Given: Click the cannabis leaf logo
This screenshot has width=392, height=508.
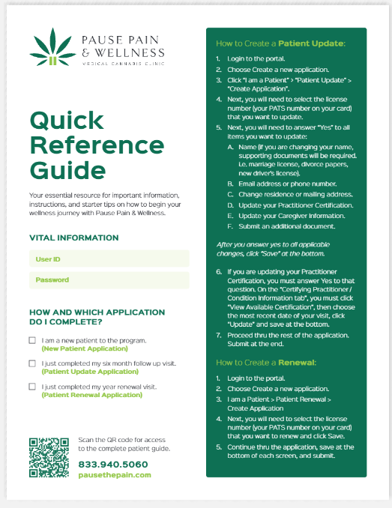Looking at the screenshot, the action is click(x=46, y=49).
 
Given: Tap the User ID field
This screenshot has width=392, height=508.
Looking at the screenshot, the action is click(x=109, y=259).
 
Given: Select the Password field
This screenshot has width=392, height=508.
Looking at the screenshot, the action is click(x=109, y=280).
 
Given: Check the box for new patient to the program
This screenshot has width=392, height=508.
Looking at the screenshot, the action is click(x=32, y=340).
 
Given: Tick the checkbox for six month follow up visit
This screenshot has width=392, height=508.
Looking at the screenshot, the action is click(x=32, y=363).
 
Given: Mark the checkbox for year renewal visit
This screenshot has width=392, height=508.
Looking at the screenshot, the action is click(x=32, y=387).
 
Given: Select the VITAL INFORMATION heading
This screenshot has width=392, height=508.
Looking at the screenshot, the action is click(x=73, y=238).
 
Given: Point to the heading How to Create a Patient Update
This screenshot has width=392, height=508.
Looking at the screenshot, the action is click(x=280, y=43).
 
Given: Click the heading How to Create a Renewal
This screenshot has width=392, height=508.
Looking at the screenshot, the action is click(x=266, y=362).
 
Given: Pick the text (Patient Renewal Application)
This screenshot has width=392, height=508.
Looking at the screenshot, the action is click(x=91, y=395).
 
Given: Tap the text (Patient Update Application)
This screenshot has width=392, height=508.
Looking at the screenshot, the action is click(x=90, y=372).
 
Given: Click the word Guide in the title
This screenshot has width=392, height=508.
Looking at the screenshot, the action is click(x=68, y=169).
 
